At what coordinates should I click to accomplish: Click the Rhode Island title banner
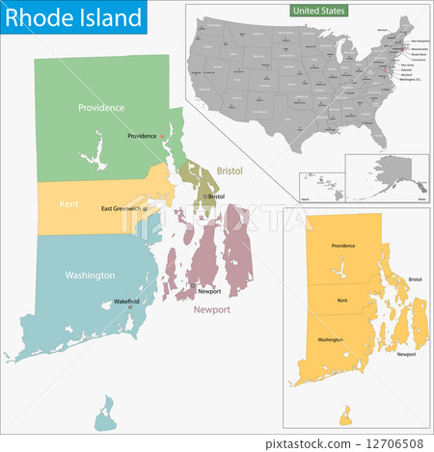click(73, 17)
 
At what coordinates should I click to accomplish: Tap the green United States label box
click(319, 11)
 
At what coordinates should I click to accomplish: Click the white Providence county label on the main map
click(101, 107)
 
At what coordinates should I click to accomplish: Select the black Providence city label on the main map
click(142, 136)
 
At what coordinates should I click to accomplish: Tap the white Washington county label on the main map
click(91, 275)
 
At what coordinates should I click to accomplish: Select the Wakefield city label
click(123, 301)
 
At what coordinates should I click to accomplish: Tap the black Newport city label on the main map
click(209, 290)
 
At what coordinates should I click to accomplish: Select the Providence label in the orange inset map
click(343, 246)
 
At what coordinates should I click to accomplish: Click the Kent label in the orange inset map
click(341, 302)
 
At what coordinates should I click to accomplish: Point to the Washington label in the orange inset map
click(331, 339)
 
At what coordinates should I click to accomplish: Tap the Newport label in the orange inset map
click(406, 354)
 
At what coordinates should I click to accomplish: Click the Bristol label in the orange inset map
click(415, 279)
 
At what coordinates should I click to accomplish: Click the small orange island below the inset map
click(345, 413)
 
